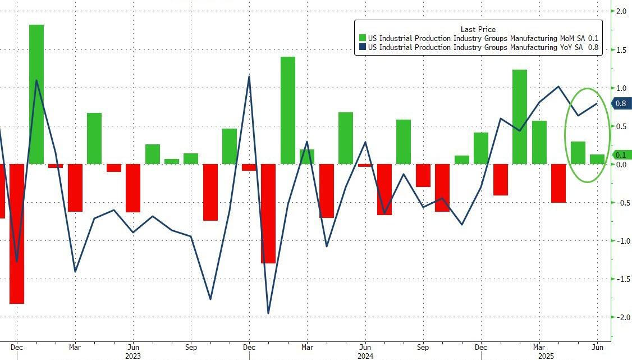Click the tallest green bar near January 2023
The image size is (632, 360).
(36, 94)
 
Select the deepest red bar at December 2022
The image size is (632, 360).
(17, 234)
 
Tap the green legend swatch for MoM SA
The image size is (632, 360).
(362, 38)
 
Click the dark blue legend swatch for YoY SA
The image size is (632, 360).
(362, 48)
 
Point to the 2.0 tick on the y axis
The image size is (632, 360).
(621, 11)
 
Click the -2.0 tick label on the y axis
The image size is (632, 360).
(621, 317)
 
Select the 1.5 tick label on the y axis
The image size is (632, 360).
(621, 50)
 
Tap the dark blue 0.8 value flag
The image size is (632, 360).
(620, 103)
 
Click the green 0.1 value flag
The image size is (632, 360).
(620, 155)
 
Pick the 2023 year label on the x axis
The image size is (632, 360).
(133, 356)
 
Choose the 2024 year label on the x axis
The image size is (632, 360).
(365, 356)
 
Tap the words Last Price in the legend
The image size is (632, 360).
(478, 29)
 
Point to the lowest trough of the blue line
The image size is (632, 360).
(268, 313)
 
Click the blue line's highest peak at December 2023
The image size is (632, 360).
(249, 77)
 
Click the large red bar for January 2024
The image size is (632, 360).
(268, 213)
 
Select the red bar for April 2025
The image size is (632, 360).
(558, 183)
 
